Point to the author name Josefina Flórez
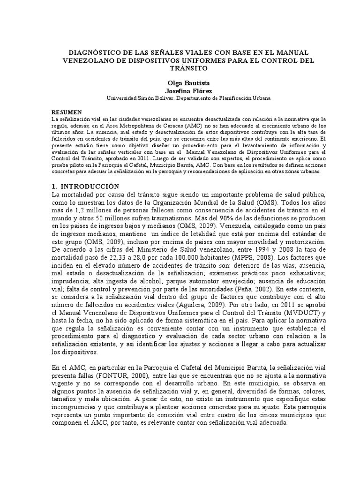pos(180,90)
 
